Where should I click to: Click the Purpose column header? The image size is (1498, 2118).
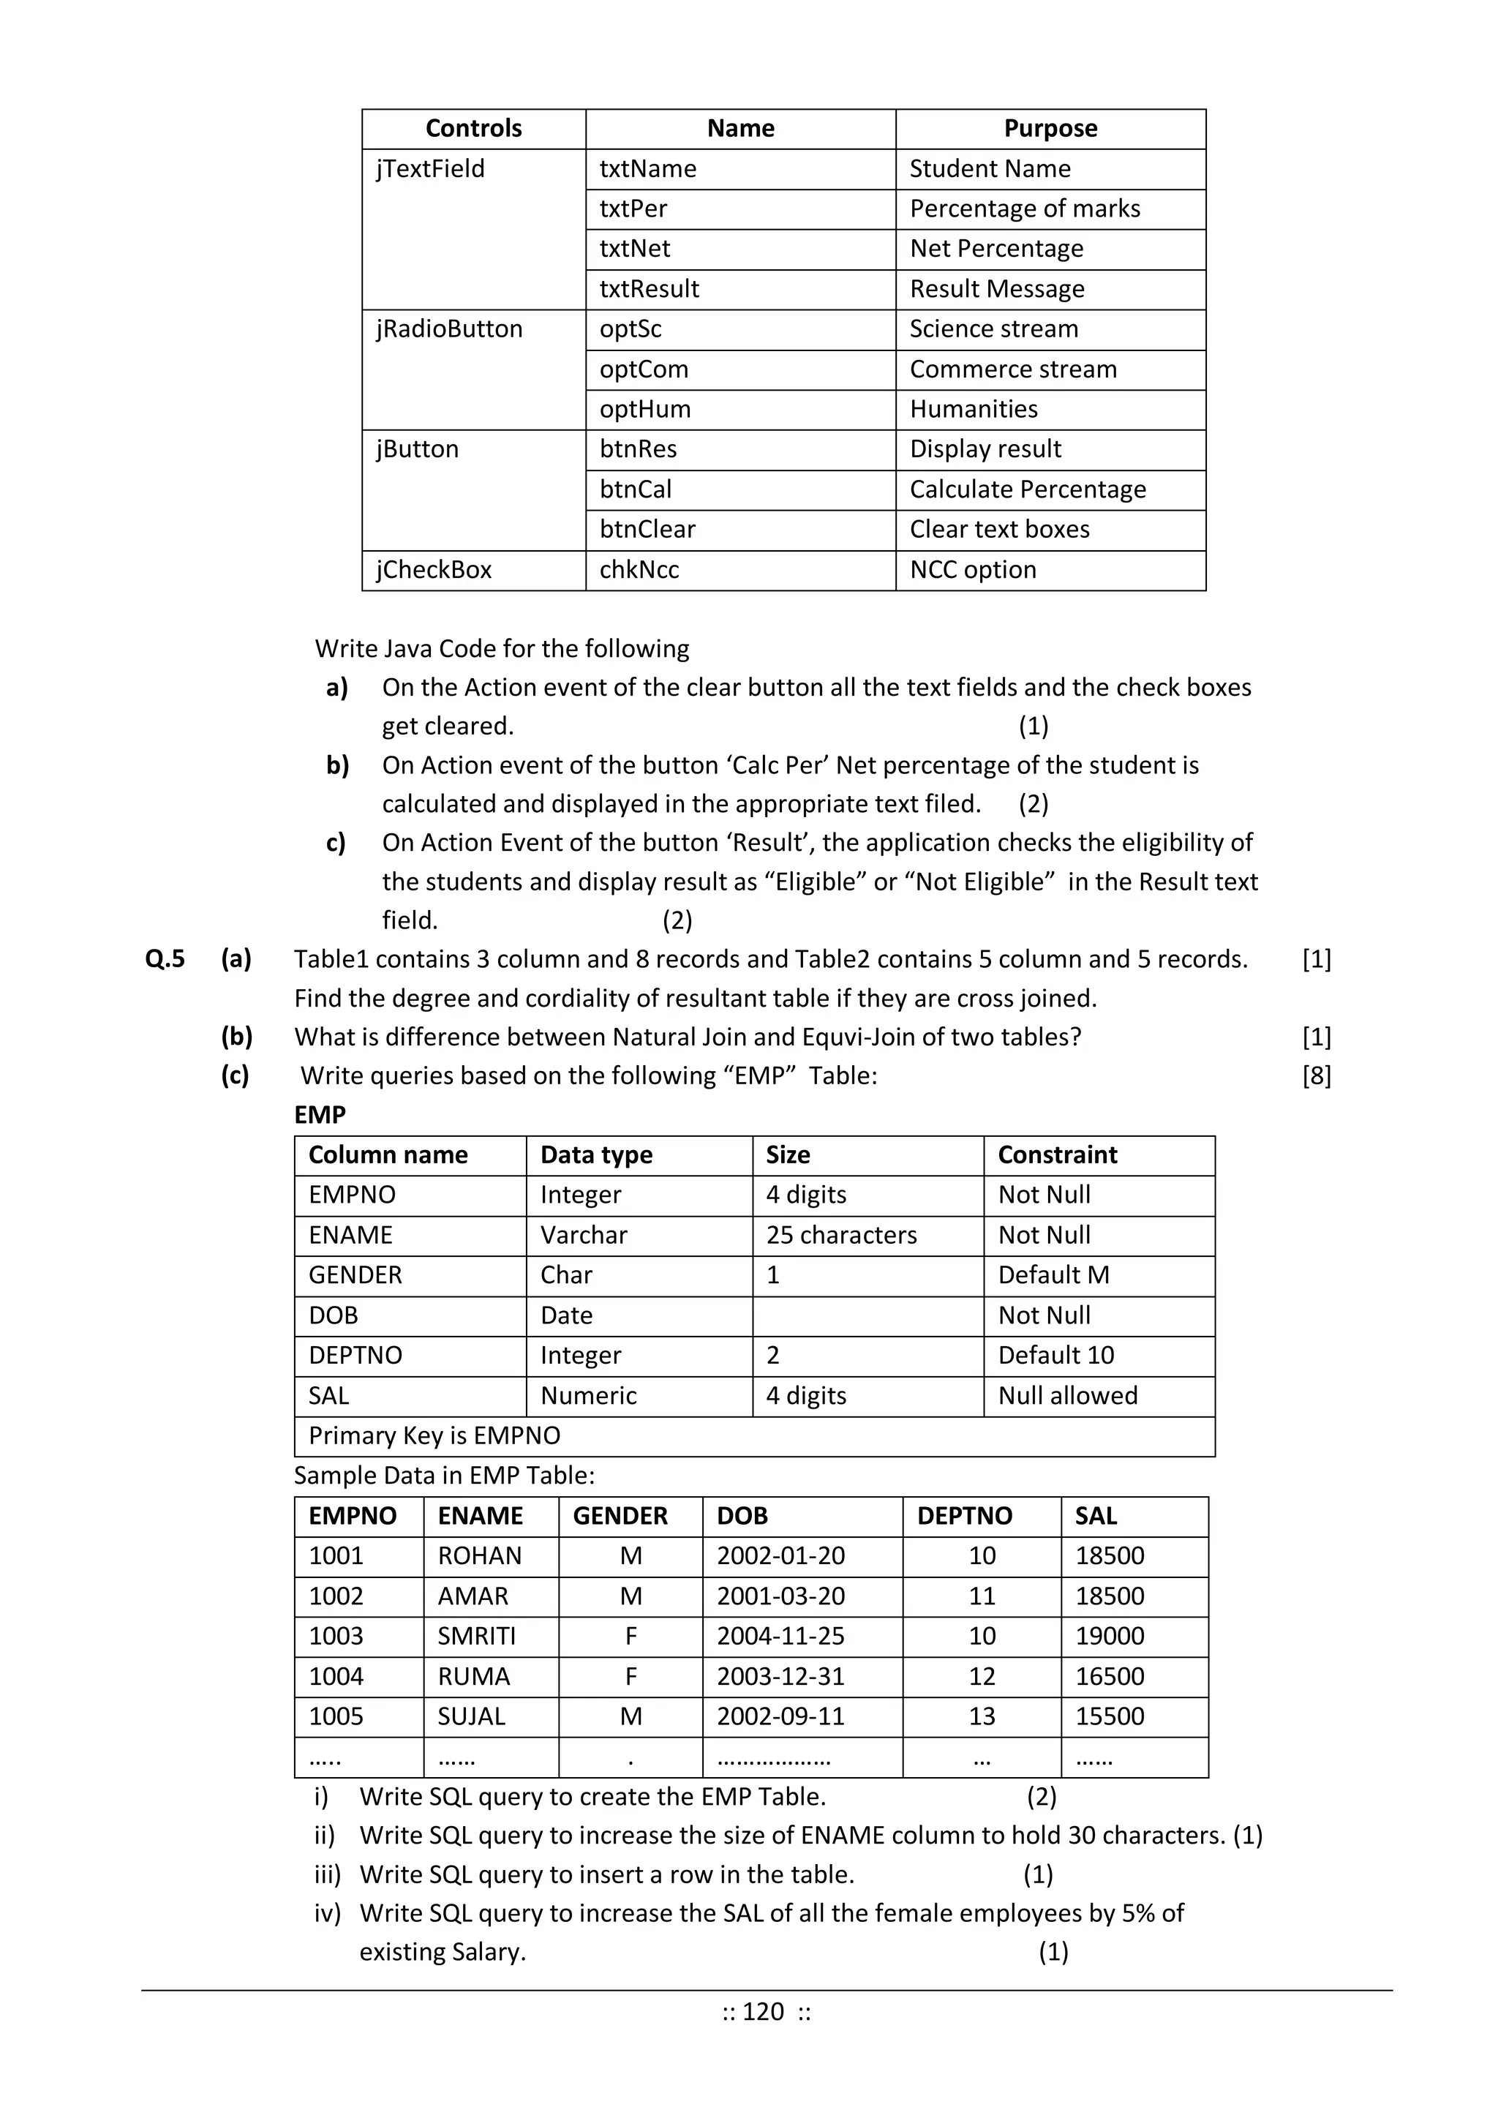(1050, 128)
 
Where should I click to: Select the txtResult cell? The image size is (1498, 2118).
(650, 289)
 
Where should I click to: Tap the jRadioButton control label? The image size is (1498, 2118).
(449, 329)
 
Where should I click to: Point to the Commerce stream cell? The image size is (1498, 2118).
(1013, 369)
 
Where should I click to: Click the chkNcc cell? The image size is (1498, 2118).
(639, 570)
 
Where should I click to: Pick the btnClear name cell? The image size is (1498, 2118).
(647, 530)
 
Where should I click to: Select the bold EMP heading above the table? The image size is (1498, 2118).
(320, 1115)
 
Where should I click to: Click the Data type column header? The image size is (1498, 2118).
(596, 1155)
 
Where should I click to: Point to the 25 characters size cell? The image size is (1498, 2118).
(841, 1235)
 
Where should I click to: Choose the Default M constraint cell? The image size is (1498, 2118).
(1053, 1275)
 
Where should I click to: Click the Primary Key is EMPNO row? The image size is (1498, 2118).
(434, 1435)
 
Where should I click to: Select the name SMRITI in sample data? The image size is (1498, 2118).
(477, 1636)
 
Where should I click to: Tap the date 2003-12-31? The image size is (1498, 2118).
(780, 1676)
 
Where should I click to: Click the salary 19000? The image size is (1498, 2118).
(1110, 1636)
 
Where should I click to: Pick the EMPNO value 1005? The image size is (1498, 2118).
(336, 1716)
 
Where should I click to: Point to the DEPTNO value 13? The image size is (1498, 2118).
(982, 1716)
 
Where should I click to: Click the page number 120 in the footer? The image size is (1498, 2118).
(764, 2011)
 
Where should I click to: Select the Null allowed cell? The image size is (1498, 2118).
(1067, 1396)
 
